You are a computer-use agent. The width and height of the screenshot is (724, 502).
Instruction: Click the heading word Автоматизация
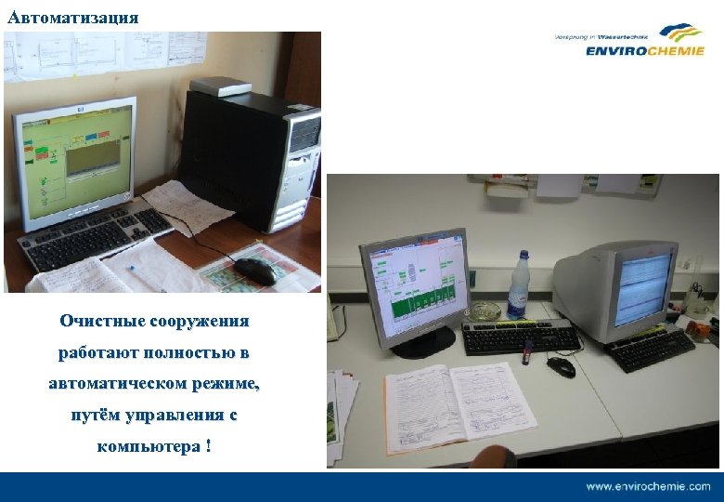coord(72,18)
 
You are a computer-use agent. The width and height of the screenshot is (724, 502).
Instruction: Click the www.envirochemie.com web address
coord(647,486)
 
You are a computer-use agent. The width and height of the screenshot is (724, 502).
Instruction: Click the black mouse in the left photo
coord(254,270)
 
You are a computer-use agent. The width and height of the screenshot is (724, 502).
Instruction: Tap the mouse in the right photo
coord(561,366)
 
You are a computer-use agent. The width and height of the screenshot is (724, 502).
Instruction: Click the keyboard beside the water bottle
coord(521,336)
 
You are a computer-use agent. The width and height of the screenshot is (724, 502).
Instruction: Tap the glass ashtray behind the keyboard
coord(485,310)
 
